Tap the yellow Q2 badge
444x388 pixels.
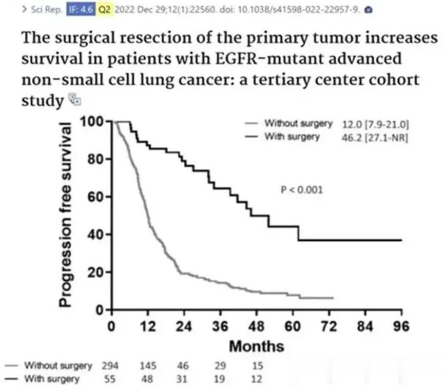click(105, 9)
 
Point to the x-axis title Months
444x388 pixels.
click(256, 346)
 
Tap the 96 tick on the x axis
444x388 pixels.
click(401, 327)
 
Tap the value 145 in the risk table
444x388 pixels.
click(148, 366)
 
